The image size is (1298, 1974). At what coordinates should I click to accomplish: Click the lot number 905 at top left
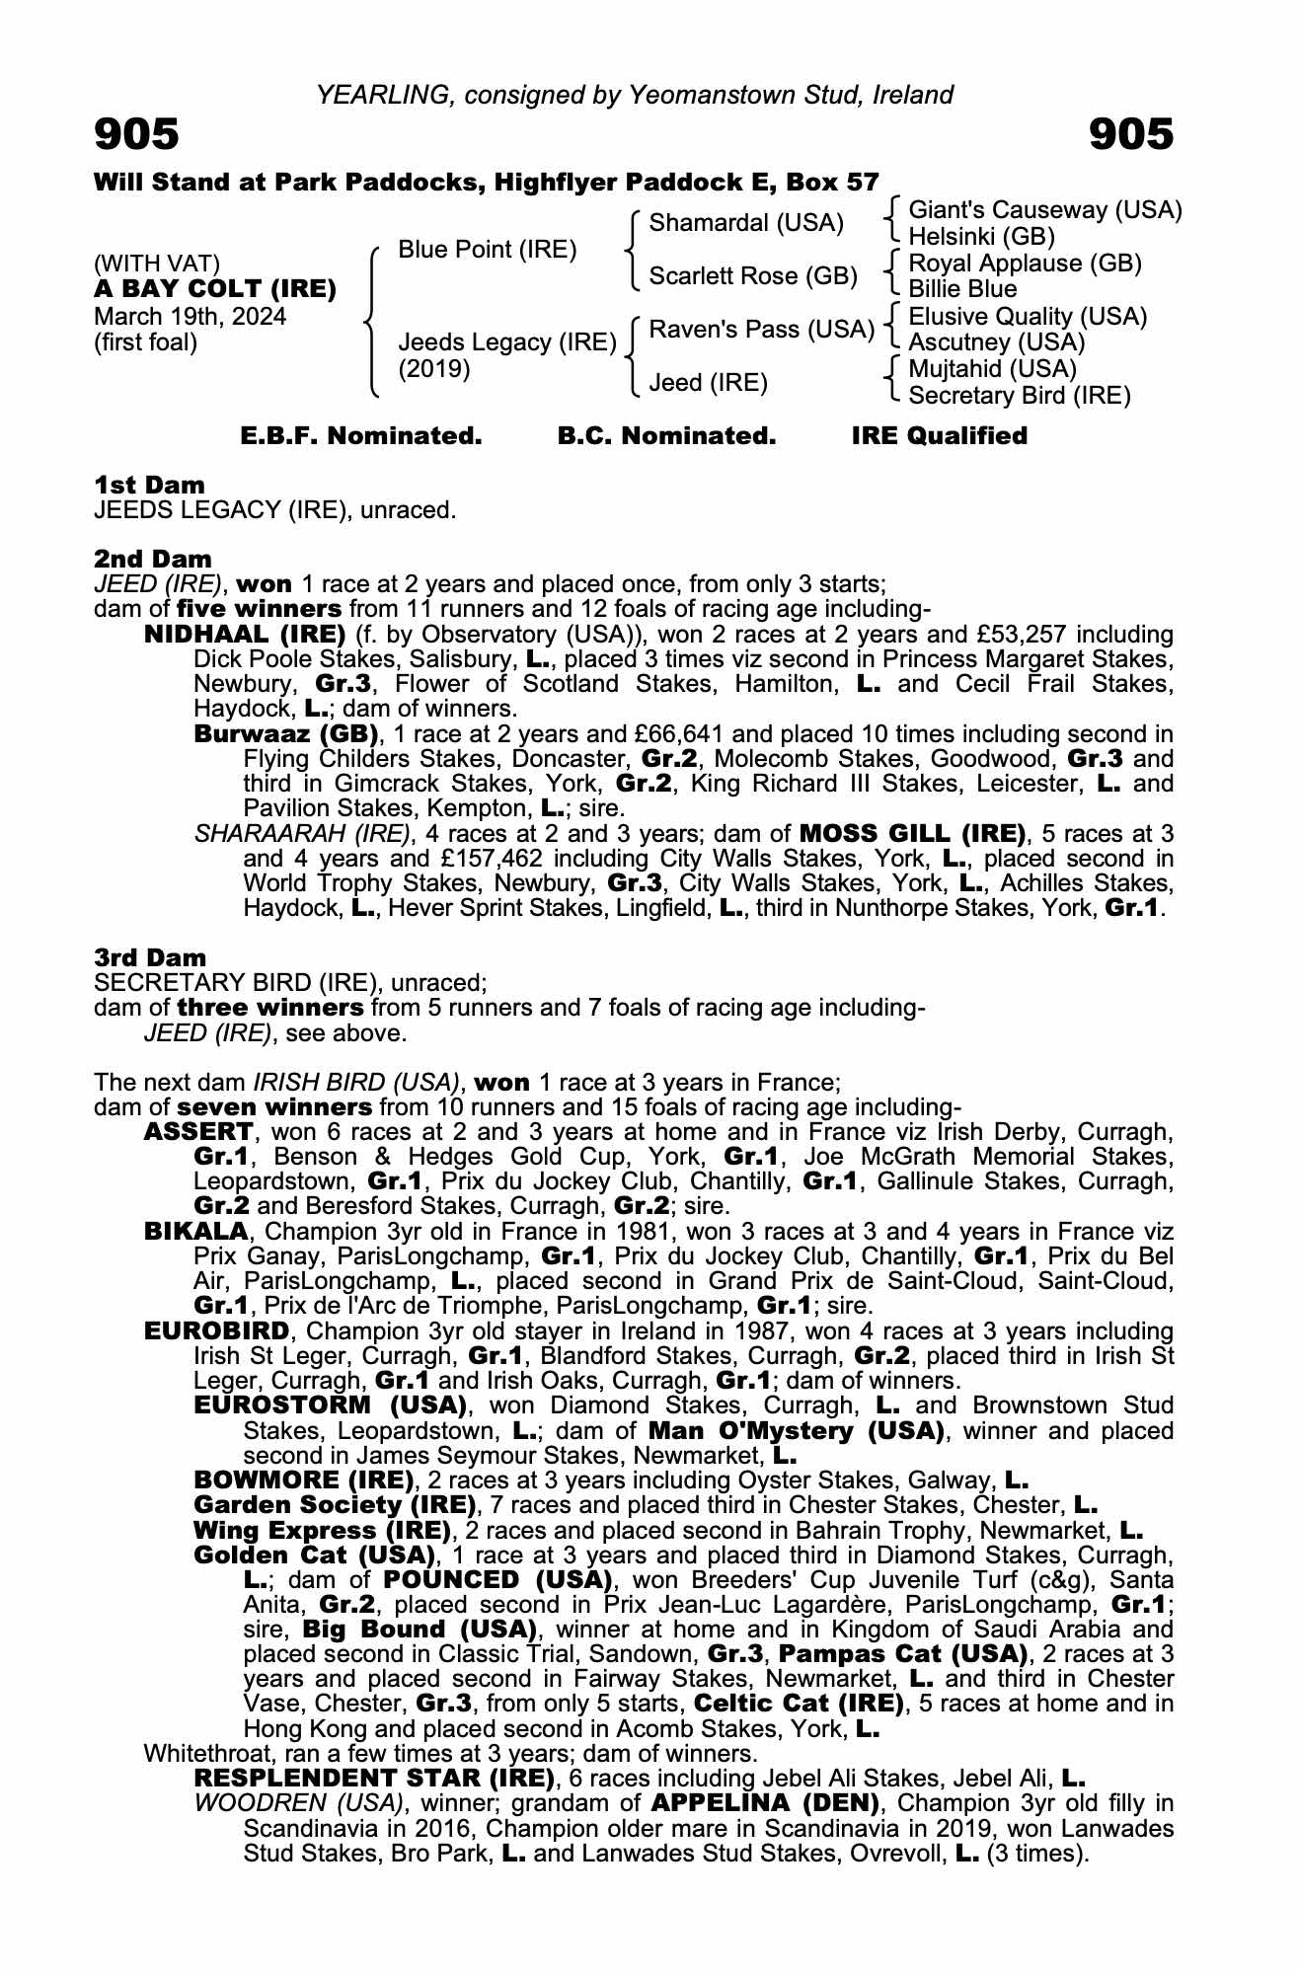click(136, 135)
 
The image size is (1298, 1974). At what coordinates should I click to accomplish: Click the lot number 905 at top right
click(1131, 135)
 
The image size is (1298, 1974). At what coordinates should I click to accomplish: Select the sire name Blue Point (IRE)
click(487, 250)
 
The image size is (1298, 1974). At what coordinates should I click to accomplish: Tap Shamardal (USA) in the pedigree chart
click(746, 223)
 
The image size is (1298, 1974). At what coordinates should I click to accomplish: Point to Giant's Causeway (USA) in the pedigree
click(1044, 210)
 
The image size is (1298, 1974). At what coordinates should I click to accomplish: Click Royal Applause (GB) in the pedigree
click(1025, 264)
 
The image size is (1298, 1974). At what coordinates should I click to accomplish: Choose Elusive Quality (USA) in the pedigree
click(1028, 317)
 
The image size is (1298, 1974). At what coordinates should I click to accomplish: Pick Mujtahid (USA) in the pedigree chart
click(992, 369)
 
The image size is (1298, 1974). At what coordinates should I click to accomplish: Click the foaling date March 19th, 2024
click(191, 317)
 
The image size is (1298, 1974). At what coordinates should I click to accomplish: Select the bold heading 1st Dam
click(150, 485)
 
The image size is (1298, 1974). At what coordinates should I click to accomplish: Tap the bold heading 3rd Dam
click(151, 957)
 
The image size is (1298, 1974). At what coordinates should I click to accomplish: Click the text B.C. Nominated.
click(666, 436)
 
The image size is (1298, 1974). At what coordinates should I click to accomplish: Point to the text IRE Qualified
click(939, 436)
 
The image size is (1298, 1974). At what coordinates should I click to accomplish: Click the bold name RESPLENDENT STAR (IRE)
click(374, 1779)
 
